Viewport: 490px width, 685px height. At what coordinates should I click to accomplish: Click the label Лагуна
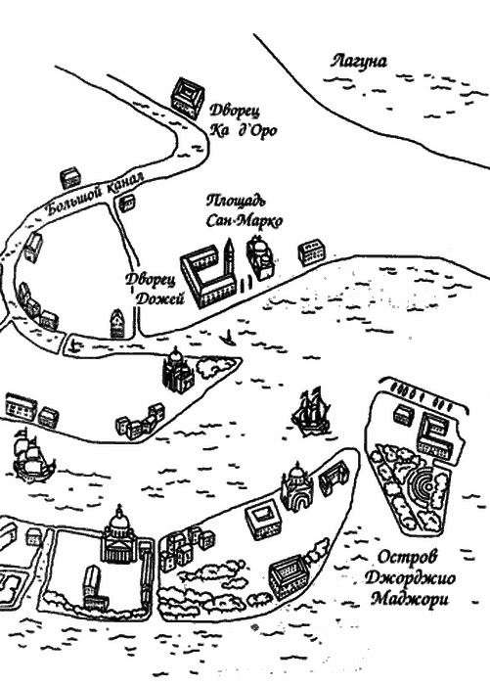[x=359, y=61]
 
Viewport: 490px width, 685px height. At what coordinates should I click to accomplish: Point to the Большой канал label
[x=94, y=194]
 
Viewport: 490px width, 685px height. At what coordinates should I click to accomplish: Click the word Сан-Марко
[x=245, y=220]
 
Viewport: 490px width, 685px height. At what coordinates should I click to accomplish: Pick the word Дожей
[x=159, y=298]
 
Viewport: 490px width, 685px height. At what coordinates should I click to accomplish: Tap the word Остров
[x=407, y=557]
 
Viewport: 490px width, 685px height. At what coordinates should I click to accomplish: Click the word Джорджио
[x=410, y=578]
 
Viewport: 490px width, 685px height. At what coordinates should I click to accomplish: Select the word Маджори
[x=409, y=599]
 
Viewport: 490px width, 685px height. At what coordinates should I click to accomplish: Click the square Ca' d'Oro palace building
[x=187, y=98]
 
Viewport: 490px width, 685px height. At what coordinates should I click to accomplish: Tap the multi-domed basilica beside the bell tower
[x=260, y=256]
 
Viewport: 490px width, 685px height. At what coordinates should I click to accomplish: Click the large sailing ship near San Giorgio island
[x=310, y=411]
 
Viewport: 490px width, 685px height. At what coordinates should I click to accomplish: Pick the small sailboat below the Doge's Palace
[x=228, y=338]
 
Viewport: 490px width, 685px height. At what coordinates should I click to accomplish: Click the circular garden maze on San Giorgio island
[x=421, y=485]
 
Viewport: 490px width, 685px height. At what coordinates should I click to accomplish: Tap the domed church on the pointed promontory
[x=178, y=371]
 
